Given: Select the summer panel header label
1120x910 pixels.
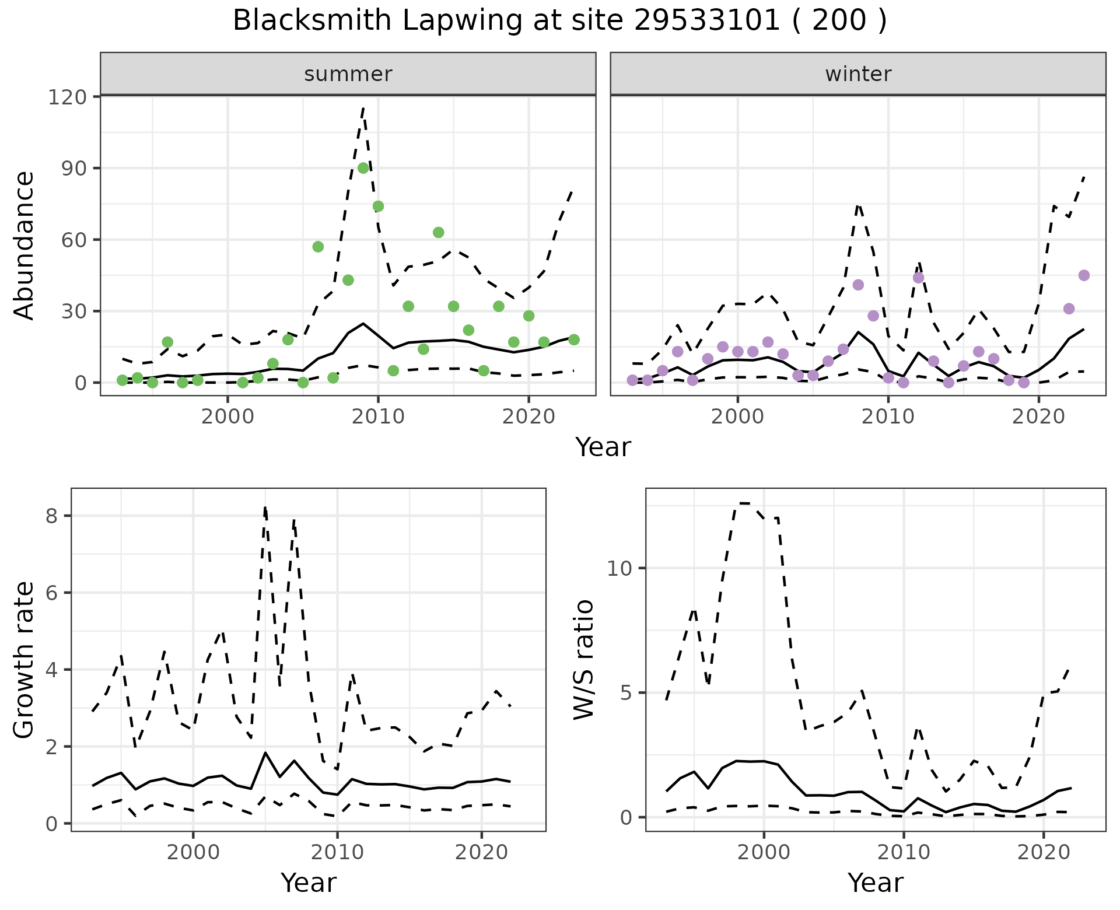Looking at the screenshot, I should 348,74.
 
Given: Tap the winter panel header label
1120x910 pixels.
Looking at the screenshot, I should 858,74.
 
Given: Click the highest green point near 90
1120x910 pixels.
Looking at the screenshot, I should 363,168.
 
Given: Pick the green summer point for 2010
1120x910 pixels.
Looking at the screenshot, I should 378,206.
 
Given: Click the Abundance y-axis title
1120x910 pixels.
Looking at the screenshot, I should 24,245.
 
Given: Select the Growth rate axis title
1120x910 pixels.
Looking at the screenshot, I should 24,660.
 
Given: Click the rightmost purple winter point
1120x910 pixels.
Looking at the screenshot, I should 1084,275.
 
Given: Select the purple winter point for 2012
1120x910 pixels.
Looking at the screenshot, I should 918,278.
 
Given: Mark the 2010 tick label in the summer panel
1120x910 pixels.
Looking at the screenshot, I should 378,416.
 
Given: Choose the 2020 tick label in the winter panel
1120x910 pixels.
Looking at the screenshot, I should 1038,416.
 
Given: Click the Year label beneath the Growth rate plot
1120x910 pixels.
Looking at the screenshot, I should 309,883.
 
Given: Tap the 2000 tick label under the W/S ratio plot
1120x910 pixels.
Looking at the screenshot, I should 764,852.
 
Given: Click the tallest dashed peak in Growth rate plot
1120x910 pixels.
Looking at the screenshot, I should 265,508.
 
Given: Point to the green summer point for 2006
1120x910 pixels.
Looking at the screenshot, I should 318,247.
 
